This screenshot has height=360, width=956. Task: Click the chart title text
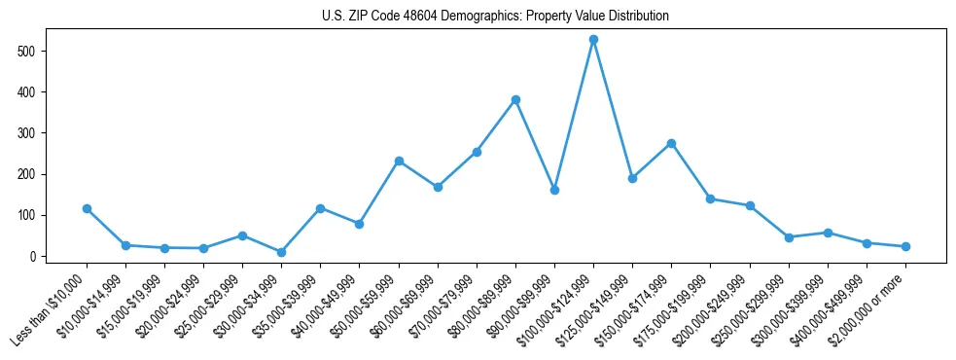(x=495, y=17)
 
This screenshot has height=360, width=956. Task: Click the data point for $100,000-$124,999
(x=593, y=40)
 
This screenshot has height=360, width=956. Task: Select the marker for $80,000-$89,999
(x=515, y=99)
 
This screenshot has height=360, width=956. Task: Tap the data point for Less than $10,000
(x=87, y=208)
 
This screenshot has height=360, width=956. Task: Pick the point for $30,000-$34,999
(x=281, y=252)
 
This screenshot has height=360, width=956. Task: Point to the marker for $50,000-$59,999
(x=399, y=161)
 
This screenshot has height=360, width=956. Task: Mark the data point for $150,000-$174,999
(x=671, y=143)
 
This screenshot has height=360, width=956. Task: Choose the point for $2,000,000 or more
(x=905, y=246)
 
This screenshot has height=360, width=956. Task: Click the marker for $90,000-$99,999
(x=554, y=190)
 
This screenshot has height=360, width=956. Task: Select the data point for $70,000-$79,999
(x=477, y=152)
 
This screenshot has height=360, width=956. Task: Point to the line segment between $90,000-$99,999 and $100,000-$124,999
(x=574, y=115)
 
